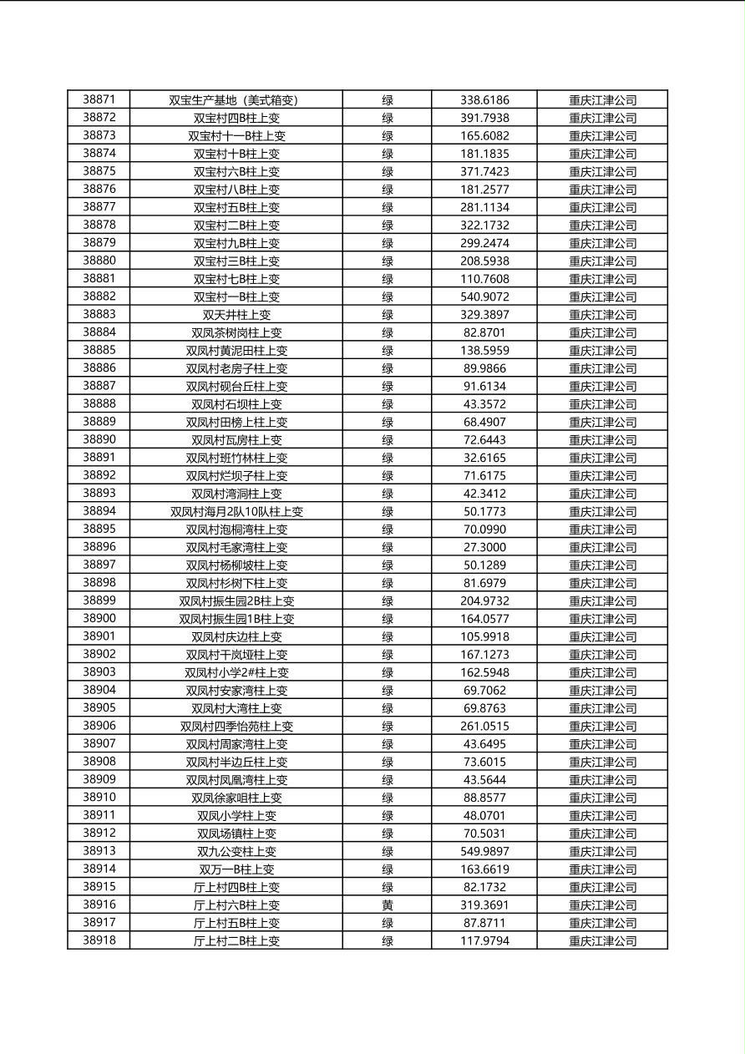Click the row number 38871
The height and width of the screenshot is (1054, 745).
(x=99, y=99)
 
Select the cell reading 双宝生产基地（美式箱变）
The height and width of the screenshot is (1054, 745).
(x=236, y=100)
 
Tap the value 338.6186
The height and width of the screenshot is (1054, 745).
(x=484, y=100)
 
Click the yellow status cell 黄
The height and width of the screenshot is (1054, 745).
(x=388, y=905)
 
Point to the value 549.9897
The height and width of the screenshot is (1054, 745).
(x=484, y=852)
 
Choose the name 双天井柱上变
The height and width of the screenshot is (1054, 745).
(x=236, y=315)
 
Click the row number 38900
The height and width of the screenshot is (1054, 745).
(x=99, y=619)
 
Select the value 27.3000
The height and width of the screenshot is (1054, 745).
(x=484, y=547)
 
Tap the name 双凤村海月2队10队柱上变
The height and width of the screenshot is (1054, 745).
(x=236, y=512)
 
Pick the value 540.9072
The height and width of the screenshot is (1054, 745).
(x=484, y=296)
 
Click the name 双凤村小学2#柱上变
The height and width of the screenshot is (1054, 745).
(x=236, y=672)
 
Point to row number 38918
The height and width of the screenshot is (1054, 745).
(x=99, y=940)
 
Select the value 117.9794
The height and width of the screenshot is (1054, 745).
(x=484, y=941)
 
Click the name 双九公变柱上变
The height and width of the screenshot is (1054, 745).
(x=236, y=852)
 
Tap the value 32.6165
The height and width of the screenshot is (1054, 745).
(x=484, y=458)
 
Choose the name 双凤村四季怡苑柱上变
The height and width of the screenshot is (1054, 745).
(x=236, y=727)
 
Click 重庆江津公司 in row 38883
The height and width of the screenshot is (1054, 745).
(x=602, y=315)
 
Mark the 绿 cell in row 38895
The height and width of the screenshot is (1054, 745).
(x=388, y=530)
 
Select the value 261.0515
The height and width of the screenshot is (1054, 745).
(x=484, y=727)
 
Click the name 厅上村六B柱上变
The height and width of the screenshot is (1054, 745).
(x=236, y=905)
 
